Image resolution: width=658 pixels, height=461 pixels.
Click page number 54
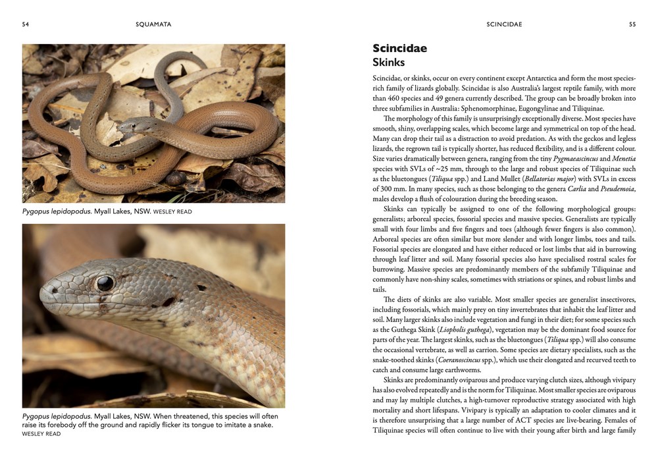(x=25, y=24)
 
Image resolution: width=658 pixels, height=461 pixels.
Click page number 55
(x=632, y=24)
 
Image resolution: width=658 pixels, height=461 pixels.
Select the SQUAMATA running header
(x=153, y=24)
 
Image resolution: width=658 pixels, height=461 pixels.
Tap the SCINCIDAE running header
(x=504, y=24)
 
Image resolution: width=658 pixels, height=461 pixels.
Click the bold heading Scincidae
(x=399, y=48)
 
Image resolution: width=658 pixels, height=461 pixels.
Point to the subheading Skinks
(x=388, y=62)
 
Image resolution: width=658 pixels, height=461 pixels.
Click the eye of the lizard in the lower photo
(x=105, y=283)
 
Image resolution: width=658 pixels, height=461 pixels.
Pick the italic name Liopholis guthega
(x=454, y=329)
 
